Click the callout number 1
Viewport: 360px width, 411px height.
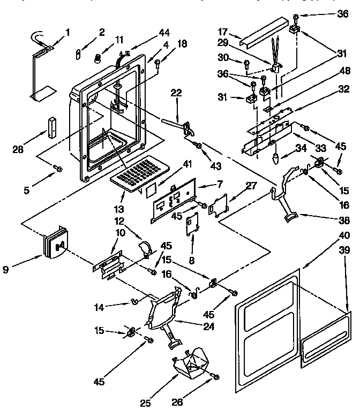[x=68, y=32]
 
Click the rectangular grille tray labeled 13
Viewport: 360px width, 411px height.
[x=137, y=173]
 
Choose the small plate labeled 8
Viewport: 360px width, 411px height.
[x=191, y=225]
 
